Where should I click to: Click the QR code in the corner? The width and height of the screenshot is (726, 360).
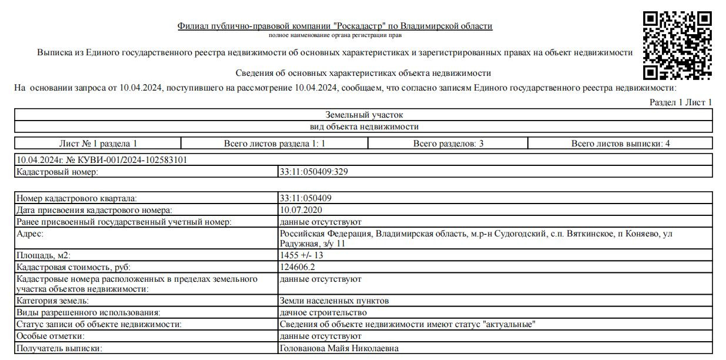coord(677,45)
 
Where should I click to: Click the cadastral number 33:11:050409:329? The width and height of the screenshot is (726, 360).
coord(316,172)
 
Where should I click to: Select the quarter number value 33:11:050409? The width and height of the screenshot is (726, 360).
coord(309,198)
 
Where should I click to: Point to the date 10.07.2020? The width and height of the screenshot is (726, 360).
coord(301,210)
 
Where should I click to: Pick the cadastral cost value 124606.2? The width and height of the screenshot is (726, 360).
coord(302,266)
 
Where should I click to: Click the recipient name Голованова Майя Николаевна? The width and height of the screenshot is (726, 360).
coord(339,348)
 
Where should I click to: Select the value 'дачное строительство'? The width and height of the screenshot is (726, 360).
coord(323,312)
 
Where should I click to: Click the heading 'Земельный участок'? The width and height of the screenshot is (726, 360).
coord(364,115)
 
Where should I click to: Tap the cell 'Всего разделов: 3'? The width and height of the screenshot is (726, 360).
coord(448,143)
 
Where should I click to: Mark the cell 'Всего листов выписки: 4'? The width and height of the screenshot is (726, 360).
coord(620,143)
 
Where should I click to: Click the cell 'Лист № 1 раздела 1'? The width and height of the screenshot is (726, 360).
coord(98,143)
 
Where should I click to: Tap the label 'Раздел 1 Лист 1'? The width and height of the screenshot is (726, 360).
coord(680,102)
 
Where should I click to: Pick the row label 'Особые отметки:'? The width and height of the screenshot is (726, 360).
coord(51,336)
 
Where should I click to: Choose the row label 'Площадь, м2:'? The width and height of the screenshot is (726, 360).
coord(42,255)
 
